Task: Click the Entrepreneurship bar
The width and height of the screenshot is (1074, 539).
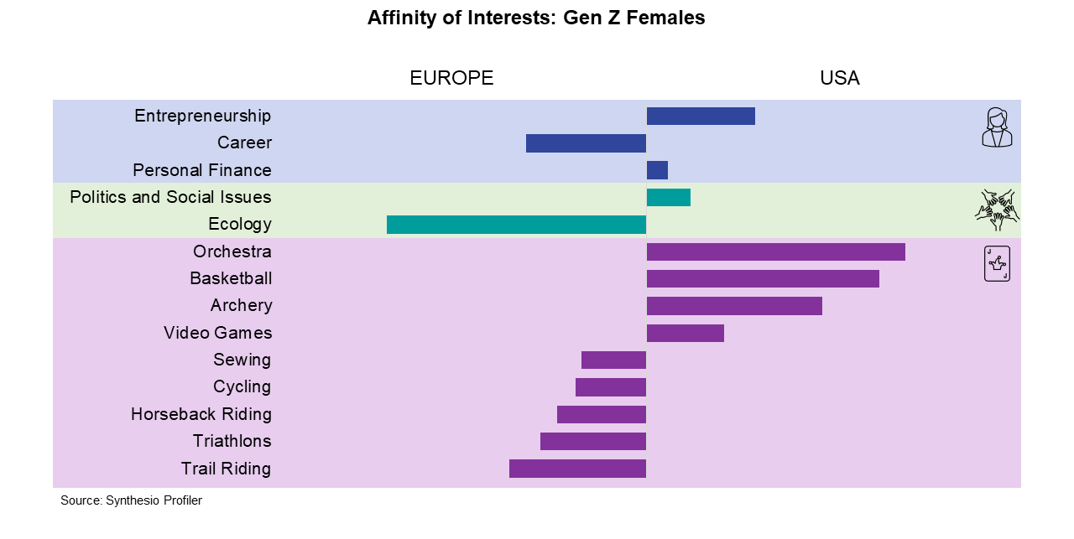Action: click(x=701, y=116)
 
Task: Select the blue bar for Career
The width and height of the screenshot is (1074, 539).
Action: click(x=586, y=143)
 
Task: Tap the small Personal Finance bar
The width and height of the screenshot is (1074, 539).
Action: click(x=657, y=170)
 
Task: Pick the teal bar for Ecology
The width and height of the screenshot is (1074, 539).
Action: click(x=516, y=225)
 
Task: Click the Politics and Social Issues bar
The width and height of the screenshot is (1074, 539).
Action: click(x=669, y=197)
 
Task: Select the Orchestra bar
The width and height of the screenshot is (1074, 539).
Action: click(x=776, y=252)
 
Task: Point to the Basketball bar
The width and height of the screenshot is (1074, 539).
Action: click(x=763, y=279)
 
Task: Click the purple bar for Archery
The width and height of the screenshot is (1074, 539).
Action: click(x=734, y=306)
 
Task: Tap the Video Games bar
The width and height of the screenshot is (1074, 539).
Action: click(x=686, y=333)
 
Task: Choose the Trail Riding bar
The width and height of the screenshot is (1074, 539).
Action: click(x=578, y=469)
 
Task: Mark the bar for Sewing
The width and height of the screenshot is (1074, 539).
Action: click(x=613, y=360)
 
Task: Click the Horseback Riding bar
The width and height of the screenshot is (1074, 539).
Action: click(x=602, y=414)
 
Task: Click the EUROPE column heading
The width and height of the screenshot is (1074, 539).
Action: click(x=451, y=78)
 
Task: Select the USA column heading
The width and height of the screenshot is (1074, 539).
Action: click(x=840, y=78)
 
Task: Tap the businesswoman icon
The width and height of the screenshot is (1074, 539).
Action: click(x=997, y=127)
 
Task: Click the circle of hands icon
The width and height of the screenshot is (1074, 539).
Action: click(x=998, y=210)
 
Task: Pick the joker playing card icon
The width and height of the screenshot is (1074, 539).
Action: click(x=998, y=263)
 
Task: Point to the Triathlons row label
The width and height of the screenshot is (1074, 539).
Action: click(x=232, y=441)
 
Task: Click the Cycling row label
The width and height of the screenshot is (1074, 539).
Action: click(x=242, y=386)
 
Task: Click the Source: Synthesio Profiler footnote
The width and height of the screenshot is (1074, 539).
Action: click(x=132, y=500)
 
